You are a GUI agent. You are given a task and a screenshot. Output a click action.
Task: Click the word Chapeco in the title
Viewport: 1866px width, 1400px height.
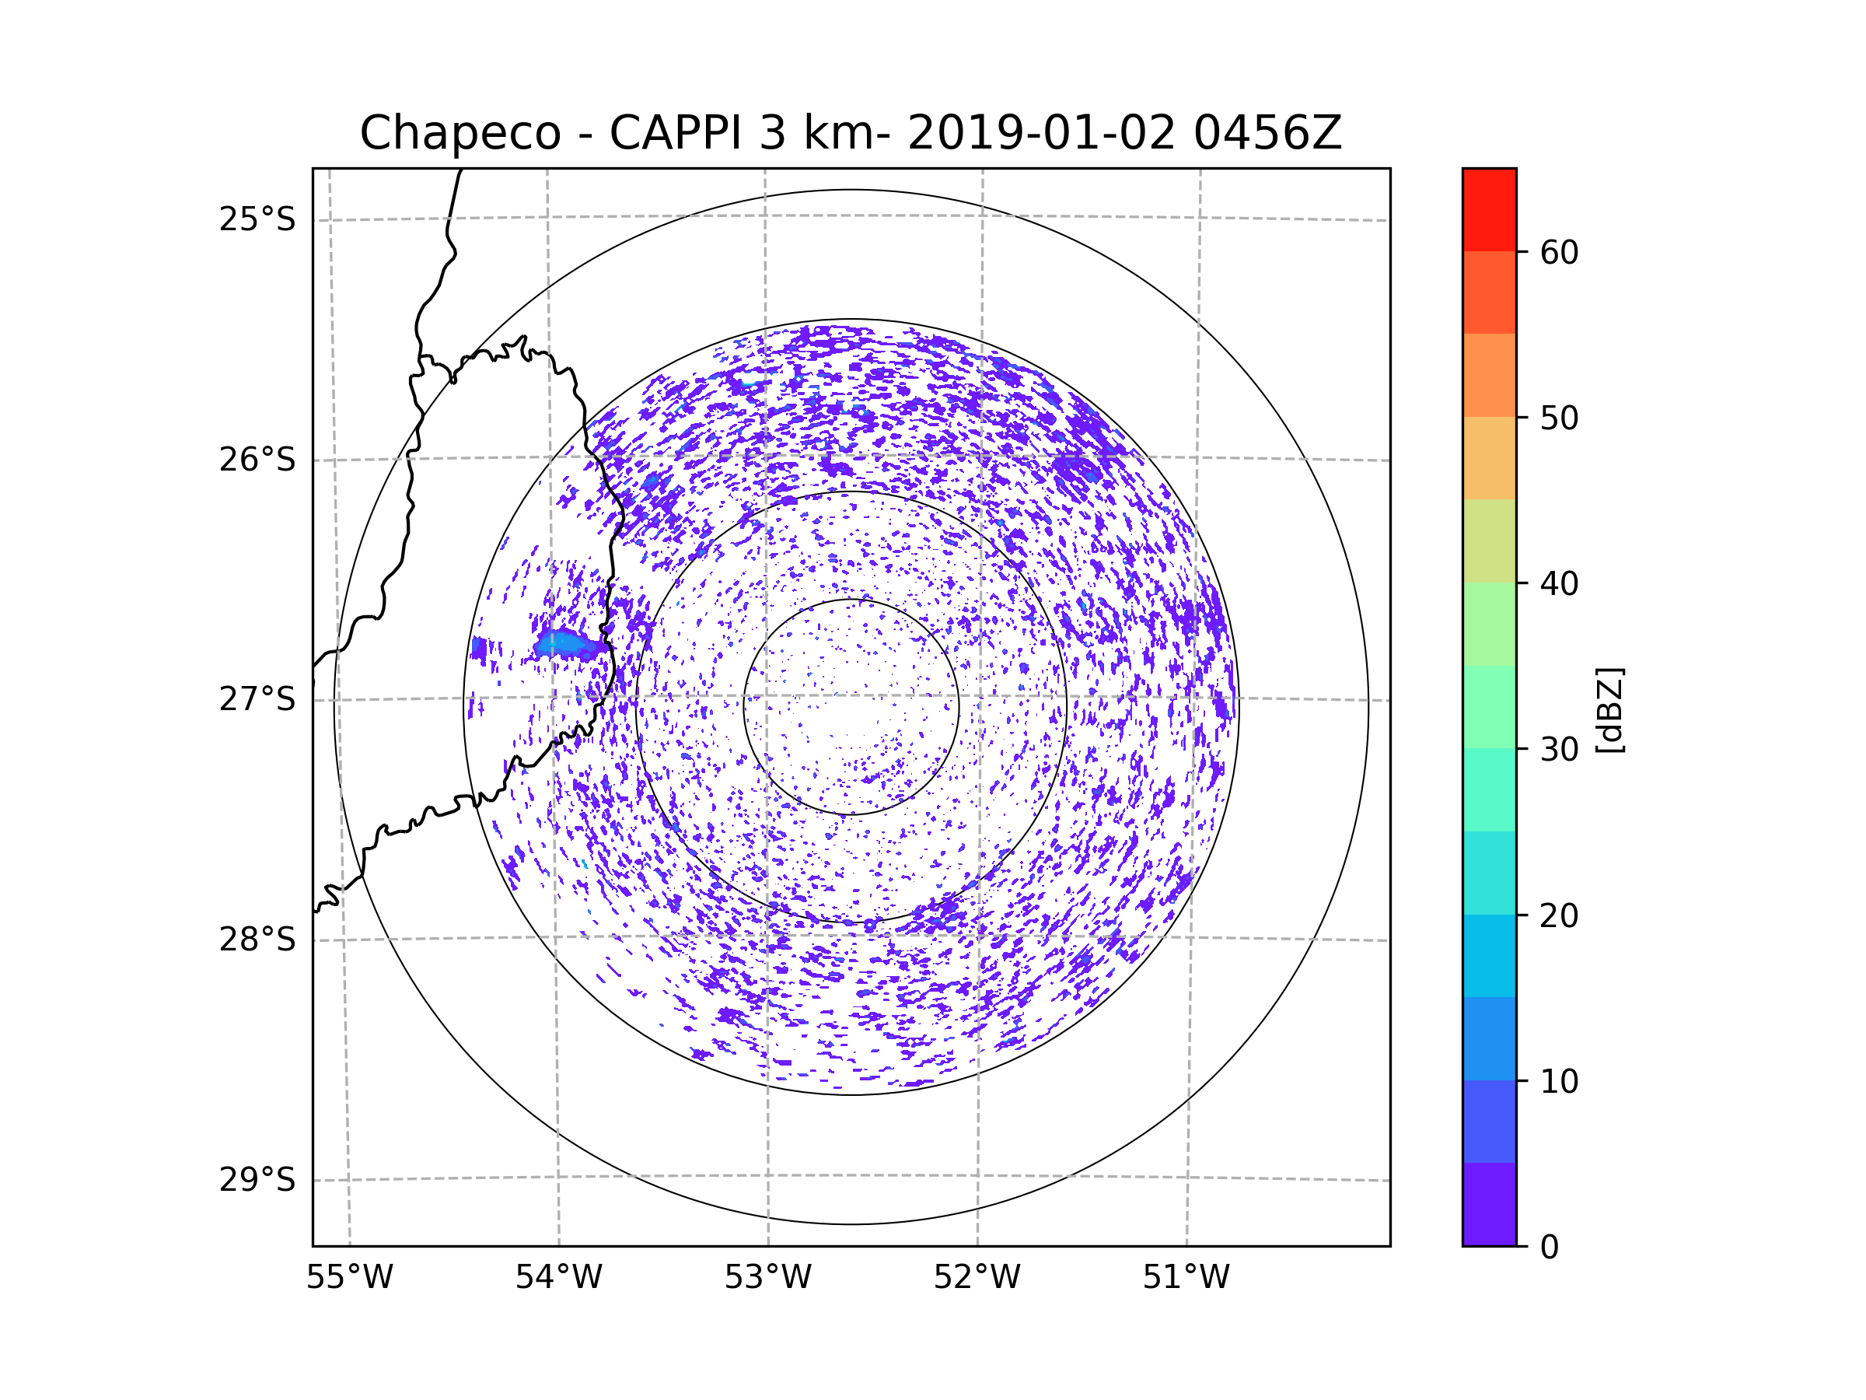click(460, 133)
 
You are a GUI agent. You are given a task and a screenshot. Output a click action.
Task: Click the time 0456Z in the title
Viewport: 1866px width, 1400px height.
click(1267, 133)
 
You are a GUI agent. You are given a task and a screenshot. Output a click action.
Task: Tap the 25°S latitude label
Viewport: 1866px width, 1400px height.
click(257, 219)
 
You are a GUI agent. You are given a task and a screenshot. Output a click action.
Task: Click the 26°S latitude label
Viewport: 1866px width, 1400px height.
click(257, 460)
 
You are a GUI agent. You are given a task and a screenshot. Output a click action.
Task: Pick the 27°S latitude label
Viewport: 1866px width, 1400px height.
click(257, 699)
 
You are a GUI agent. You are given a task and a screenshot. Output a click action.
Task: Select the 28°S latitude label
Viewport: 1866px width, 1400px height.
click(257, 940)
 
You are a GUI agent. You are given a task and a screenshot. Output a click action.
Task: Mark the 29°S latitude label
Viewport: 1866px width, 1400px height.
click(257, 1180)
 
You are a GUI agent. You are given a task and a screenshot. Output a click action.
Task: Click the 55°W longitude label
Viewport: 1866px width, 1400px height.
click(349, 1278)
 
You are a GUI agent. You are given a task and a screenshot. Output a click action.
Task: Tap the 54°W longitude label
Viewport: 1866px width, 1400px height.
click(558, 1278)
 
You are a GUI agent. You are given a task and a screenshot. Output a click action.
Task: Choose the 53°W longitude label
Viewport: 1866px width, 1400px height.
click(767, 1278)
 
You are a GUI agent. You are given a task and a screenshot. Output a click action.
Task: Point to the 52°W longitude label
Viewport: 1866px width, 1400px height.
click(977, 1278)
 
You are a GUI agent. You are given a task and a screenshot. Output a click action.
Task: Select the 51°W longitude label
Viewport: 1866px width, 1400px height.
click(1186, 1278)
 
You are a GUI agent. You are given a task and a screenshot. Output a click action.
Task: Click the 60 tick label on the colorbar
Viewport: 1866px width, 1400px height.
click(1559, 252)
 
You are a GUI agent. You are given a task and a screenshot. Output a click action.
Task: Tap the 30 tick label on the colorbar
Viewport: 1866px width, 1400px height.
click(1559, 749)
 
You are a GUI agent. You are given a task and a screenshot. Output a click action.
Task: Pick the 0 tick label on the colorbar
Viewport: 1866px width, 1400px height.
click(1550, 1248)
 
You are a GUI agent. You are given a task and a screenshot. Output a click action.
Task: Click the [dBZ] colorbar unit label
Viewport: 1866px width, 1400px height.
click(1609, 709)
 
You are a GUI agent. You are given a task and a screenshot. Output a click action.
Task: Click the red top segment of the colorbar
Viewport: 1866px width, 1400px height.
click(1489, 209)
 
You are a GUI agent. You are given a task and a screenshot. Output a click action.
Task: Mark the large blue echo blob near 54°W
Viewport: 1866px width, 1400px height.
click(570, 645)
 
